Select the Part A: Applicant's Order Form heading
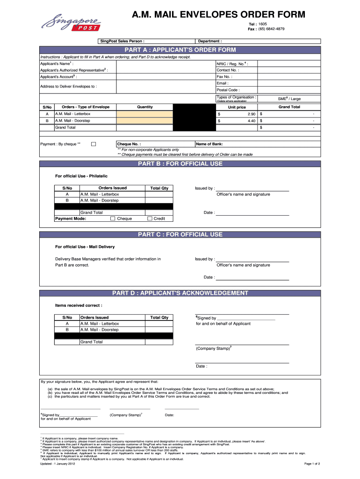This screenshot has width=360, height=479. tap(180, 50)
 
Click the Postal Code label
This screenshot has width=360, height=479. tap(228, 90)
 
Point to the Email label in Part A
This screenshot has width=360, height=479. tap(222, 83)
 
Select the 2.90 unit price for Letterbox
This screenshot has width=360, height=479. tap(251, 114)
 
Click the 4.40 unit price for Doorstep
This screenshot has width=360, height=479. tap(251, 121)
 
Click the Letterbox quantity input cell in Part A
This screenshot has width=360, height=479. tap(144, 114)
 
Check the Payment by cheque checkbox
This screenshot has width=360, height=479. tap(93, 144)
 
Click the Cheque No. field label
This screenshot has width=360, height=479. tap(129, 144)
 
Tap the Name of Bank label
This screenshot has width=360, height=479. tap(209, 144)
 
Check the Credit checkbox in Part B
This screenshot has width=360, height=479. tap(150, 218)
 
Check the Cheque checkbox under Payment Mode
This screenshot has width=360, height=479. tap(113, 218)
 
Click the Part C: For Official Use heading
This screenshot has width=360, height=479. tap(180, 235)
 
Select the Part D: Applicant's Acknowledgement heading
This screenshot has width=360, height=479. tap(180, 293)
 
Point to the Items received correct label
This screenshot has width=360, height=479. tap(79, 305)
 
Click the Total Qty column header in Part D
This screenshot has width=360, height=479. tap(159, 318)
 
